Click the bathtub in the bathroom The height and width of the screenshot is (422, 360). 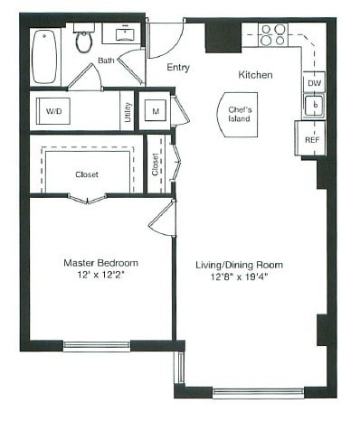(x=44, y=56)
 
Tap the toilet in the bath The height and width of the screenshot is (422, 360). (x=84, y=40)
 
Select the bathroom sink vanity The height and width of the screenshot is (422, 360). (x=120, y=35)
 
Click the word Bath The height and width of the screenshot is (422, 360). (x=107, y=61)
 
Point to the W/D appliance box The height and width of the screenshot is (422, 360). (x=53, y=112)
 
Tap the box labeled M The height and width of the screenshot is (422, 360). (x=156, y=111)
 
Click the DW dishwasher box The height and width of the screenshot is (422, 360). (x=313, y=83)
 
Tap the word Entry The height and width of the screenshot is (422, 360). (x=179, y=67)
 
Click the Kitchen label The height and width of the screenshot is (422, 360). (x=256, y=75)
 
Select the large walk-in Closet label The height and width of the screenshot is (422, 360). (x=87, y=174)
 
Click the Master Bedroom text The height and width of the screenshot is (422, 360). (x=99, y=262)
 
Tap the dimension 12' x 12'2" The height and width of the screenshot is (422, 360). (x=99, y=276)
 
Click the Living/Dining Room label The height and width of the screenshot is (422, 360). (x=240, y=265)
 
